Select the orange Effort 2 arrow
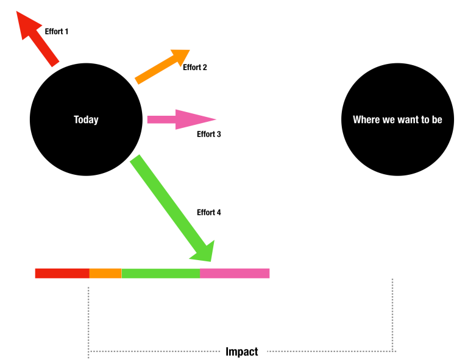pyautogui.click(x=160, y=66)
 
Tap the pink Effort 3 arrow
pyautogui.click(x=177, y=119)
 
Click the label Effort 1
pyautogui.click(x=57, y=31)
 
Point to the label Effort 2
pyautogui.click(x=195, y=68)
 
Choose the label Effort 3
pyautogui.click(x=209, y=134)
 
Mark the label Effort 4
pyautogui.click(x=209, y=213)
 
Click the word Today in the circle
pyautogui.click(x=86, y=120)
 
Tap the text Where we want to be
pyautogui.click(x=397, y=120)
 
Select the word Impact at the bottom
pyautogui.click(x=242, y=351)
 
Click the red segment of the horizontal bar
pyautogui.click(x=62, y=274)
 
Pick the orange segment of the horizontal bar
pyautogui.click(x=105, y=274)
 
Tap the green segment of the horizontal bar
pyautogui.click(x=160, y=274)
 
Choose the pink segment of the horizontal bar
pyautogui.click(x=235, y=274)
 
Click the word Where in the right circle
pyautogui.click(x=366, y=120)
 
